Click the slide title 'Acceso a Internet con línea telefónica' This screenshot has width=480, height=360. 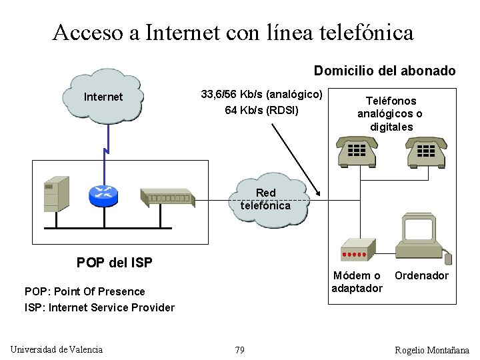pos(233,33)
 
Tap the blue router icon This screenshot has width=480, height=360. pos(103,193)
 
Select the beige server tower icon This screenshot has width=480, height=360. pos(56,193)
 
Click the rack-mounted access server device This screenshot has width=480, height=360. pos(167,197)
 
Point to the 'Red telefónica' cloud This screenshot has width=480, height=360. pos(266,199)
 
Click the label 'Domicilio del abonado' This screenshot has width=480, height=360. pos(385,71)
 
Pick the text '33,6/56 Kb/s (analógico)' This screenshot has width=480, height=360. pos(261,95)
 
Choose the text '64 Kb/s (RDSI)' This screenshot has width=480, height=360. pos(261,110)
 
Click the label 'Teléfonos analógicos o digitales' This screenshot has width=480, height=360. pos(391,113)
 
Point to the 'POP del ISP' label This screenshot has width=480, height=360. pos(114,263)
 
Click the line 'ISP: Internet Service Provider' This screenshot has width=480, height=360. pos(99,307)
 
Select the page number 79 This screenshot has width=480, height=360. pos(239,350)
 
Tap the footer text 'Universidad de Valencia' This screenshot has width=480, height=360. pos(57,349)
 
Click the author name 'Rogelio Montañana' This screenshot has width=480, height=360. pos(432,350)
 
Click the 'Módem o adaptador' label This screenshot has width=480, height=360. pos(357,281)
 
